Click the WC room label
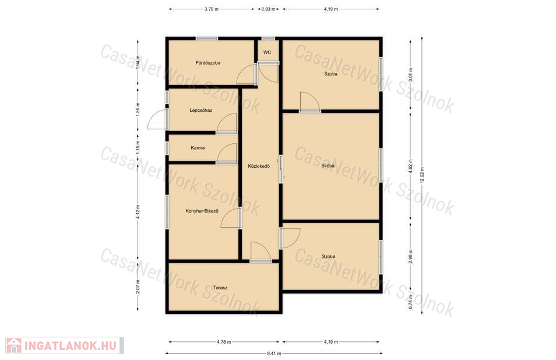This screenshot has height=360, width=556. pos(268,52)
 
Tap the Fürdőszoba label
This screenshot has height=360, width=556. pos(208,63)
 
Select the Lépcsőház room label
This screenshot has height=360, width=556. pos(200,110)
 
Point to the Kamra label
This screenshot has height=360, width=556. pos(198,148)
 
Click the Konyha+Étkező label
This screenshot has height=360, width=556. pos(202,211)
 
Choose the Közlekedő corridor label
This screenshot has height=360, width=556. pos(259,166)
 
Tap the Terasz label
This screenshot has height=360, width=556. pos(220,288)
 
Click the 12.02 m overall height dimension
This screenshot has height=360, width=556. pos(422,175)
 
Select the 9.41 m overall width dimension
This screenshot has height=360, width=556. pos(274,353)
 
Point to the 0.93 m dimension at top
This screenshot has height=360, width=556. pos(269,9)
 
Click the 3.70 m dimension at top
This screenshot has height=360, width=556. pos(212,9)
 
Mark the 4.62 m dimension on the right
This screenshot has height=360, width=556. pos(411,166)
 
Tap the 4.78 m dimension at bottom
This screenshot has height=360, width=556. pos(224,342)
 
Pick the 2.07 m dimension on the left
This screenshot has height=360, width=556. pos(138,286)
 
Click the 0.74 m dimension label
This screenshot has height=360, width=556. pos(411,302)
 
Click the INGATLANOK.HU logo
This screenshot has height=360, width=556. pos(65,345)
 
